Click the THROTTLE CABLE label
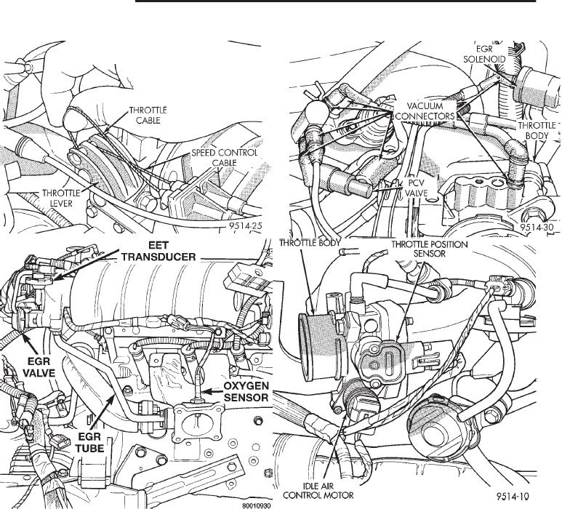[148, 116]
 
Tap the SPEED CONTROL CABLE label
[218, 159]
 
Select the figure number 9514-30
[538, 228]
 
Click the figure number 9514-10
[532, 494]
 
